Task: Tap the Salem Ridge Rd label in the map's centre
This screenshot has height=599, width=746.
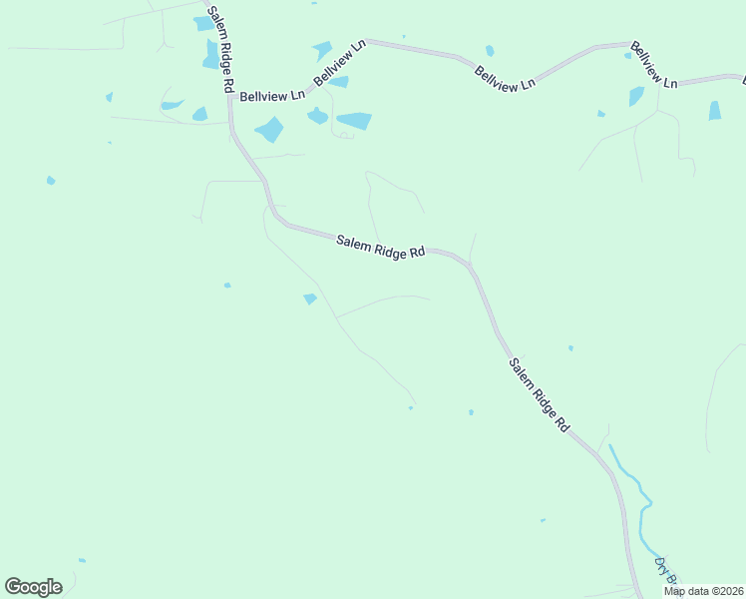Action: coord(381,247)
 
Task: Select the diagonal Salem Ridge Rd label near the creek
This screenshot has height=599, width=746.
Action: coord(539,395)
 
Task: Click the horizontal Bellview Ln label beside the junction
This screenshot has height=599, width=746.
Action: coord(272,97)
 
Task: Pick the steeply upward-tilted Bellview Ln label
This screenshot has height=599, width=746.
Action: coord(339,62)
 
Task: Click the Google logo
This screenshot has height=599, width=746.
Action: coord(33,587)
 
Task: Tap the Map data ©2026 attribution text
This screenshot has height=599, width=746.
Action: coord(704,591)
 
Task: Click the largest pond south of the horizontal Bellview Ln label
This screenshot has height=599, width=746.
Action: coord(269,129)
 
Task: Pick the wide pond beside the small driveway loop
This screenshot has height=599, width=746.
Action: coord(354,121)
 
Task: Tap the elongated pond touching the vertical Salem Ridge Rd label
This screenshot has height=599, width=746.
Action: coord(211,54)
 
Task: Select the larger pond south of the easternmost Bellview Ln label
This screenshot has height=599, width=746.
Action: coord(636,96)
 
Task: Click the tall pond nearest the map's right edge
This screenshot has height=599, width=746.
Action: coord(714,111)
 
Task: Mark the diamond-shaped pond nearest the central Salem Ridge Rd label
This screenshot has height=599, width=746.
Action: coord(310,299)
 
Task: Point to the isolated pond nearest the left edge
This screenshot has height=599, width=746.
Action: coord(51,181)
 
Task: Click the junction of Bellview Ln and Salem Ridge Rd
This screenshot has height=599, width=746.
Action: coord(229,98)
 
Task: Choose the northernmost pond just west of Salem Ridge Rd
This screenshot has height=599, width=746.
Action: coord(204,23)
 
